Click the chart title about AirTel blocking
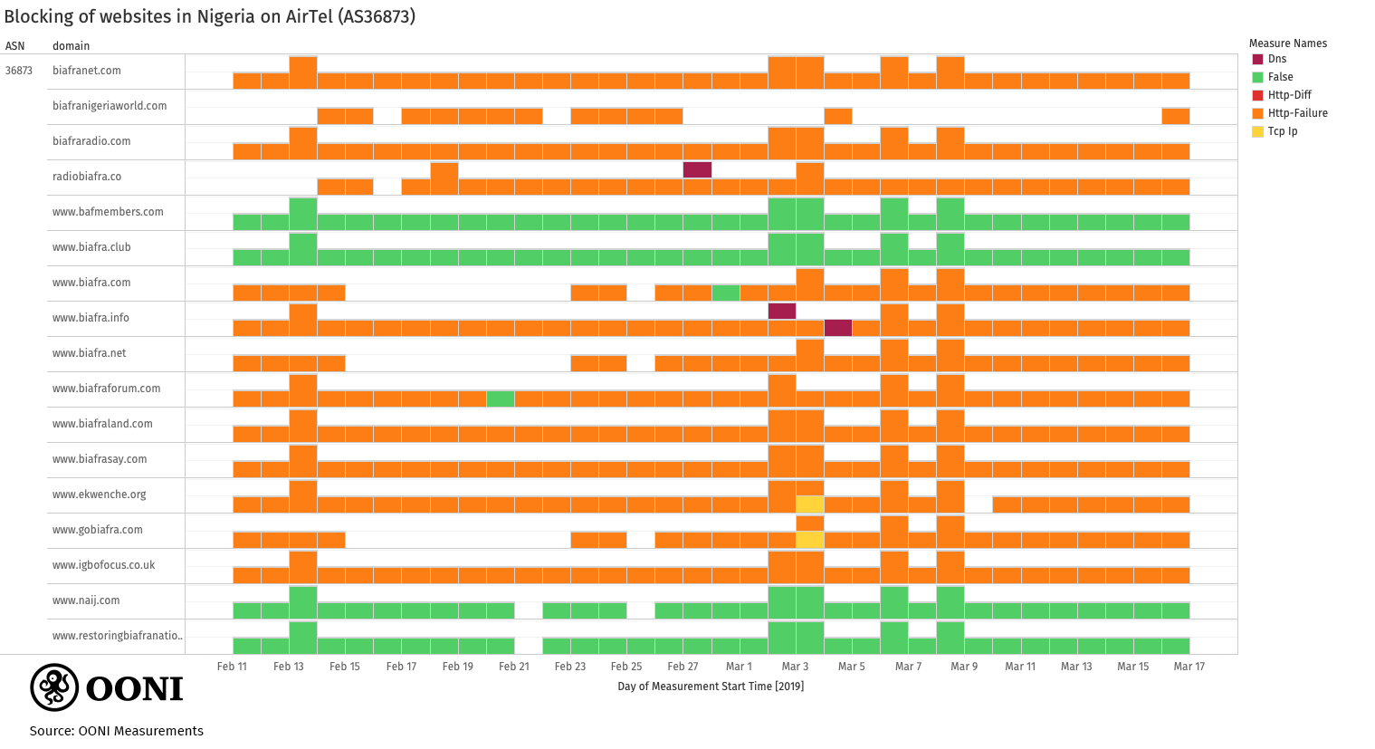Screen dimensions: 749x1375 209,16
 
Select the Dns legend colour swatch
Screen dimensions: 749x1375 1257,59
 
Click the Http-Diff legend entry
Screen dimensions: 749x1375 1289,95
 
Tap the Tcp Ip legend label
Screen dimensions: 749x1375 1282,131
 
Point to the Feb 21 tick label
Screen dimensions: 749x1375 513,667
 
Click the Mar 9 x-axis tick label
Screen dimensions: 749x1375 964,667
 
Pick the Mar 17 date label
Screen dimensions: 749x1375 1189,667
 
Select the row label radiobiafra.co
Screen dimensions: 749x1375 87,177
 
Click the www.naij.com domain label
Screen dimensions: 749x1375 86,600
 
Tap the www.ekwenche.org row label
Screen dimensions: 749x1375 99,495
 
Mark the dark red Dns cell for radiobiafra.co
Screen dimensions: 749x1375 697,169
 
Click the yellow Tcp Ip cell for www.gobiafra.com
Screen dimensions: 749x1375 809,540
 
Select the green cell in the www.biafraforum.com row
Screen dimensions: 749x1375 501,399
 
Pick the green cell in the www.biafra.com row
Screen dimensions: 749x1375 726,293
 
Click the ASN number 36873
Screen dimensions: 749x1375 19,71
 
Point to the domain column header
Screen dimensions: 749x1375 71,46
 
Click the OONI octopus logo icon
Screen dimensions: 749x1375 54,687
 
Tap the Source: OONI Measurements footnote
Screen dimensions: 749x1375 116,731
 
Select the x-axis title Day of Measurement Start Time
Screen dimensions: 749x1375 711,687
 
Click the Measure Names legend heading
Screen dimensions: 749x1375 1287,43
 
